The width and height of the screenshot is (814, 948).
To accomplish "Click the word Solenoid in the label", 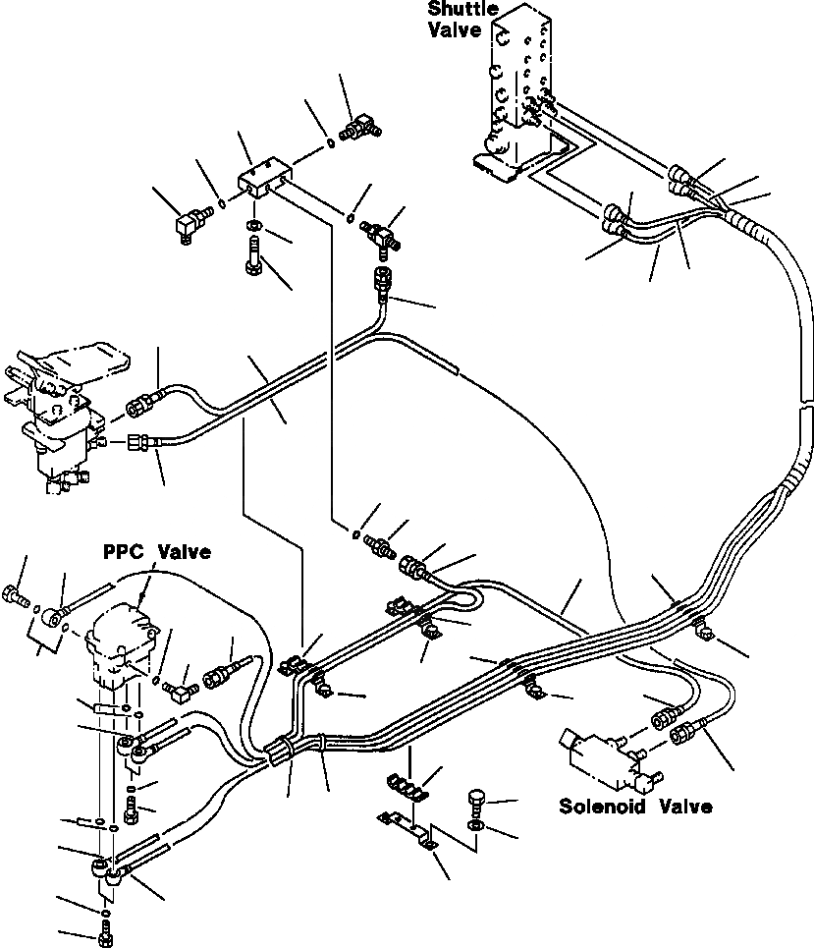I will [x=601, y=808].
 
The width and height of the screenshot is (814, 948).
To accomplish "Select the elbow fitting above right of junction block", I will [x=359, y=126].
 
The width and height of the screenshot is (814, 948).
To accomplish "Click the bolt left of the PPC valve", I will [x=15, y=595].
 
